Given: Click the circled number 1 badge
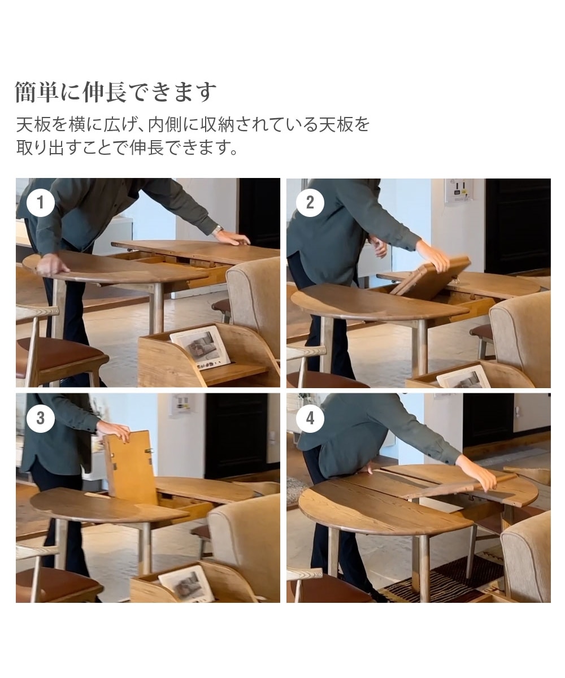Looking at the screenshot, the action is pyautogui.click(x=40, y=203).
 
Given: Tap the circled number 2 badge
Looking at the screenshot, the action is pyautogui.click(x=310, y=203).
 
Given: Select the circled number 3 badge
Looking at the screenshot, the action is pyautogui.click(x=40, y=418).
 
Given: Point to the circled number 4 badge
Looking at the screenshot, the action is pyautogui.click(x=310, y=418).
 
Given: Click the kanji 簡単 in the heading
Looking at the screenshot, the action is pyautogui.click(x=37, y=92).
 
